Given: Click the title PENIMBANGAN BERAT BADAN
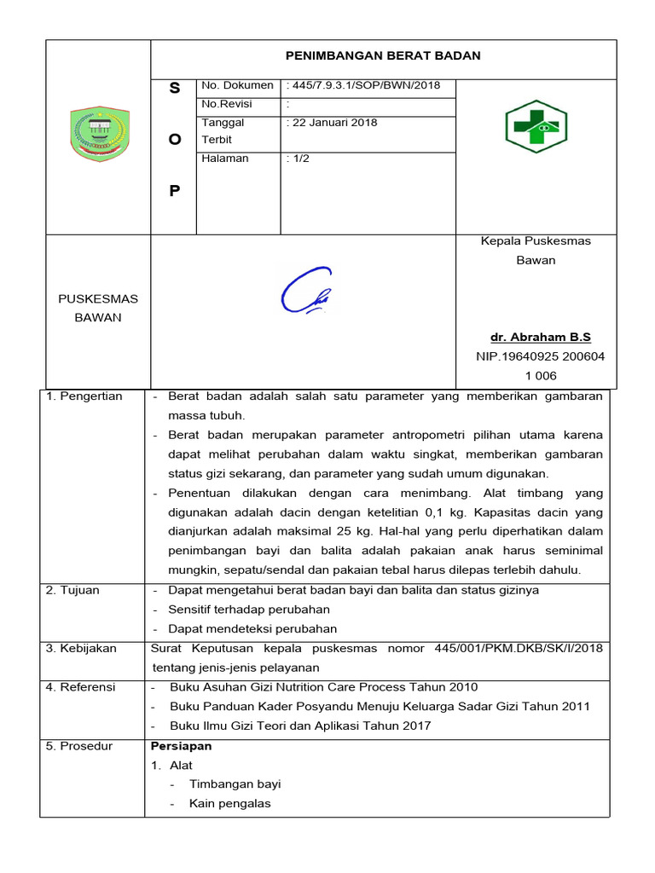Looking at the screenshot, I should pyautogui.click(x=383, y=55).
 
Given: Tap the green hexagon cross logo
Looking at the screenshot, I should pyautogui.click(x=537, y=126).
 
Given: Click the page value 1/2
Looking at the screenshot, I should pyautogui.click(x=299, y=159).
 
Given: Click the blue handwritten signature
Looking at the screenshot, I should pyautogui.click(x=304, y=292).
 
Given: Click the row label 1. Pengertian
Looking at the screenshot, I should pyautogui.click(x=84, y=396).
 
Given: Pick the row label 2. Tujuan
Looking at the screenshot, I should pyautogui.click(x=74, y=590).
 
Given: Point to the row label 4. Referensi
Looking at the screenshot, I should pyautogui.click(x=82, y=687).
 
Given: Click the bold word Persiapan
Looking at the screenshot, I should pyautogui.click(x=181, y=746).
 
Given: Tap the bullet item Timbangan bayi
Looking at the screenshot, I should pyautogui.click(x=235, y=784).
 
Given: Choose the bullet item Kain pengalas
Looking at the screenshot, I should pyautogui.click(x=230, y=804).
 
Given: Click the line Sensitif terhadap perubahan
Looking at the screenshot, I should pyautogui.click(x=249, y=610).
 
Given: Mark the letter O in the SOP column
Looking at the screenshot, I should pyautogui.click(x=175, y=140).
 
